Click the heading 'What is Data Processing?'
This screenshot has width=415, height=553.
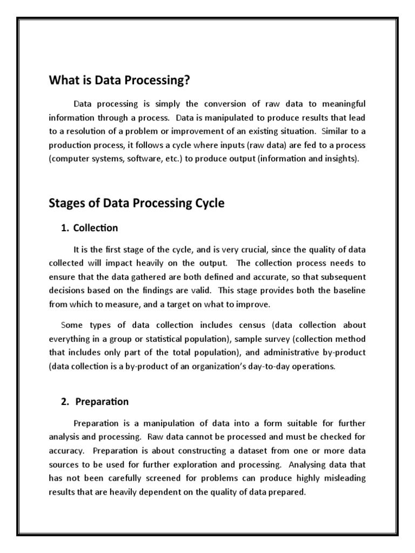click(x=120, y=80)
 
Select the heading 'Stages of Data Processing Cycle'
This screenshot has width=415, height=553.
click(x=136, y=204)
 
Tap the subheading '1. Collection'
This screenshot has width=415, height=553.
click(x=90, y=228)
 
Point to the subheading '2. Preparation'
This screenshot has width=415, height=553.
click(x=95, y=402)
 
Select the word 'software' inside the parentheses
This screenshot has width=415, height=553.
click(x=143, y=159)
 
